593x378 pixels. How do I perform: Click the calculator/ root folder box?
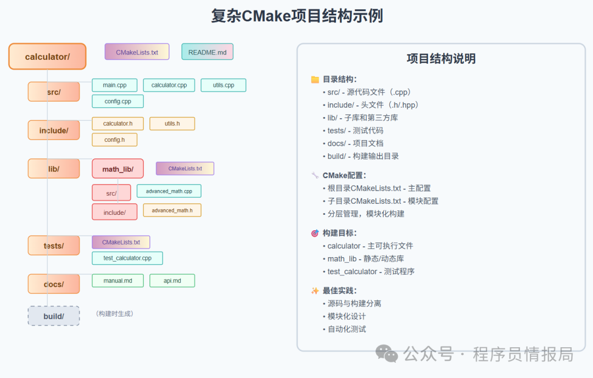(x=47, y=57)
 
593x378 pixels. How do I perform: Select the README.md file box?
(x=208, y=52)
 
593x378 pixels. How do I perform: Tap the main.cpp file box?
(x=115, y=85)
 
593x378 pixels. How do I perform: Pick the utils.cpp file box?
(x=223, y=85)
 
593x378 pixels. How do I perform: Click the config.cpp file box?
(x=118, y=101)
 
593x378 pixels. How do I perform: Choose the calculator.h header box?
(x=118, y=124)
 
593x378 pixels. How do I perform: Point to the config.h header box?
(x=114, y=140)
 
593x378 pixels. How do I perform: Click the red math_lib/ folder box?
(x=118, y=169)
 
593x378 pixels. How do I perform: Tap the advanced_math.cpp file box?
(x=169, y=191)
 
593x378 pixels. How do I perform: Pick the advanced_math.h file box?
(x=172, y=210)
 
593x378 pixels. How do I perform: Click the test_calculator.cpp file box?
(x=127, y=258)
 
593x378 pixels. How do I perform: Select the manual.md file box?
(x=118, y=281)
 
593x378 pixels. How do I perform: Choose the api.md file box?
(x=172, y=281)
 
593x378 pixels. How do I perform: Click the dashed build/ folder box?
(x=54, y=316)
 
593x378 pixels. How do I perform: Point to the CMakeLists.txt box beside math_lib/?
(x=185, y=169)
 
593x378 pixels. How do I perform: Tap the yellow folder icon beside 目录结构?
(x=315, y=79)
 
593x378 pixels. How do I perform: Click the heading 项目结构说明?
(x=441, y=59)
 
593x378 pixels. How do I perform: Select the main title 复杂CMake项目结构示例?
(x=296, y=15)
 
